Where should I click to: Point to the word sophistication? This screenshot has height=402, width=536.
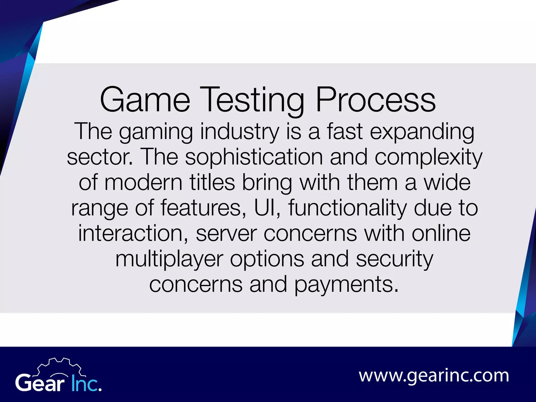tap(254, 157)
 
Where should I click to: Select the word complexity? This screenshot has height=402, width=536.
tap(428, 157)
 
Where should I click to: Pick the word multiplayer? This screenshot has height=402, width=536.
tap(169, 259)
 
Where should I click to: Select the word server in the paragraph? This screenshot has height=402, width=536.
tap(226, 233)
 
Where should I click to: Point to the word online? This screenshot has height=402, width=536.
tap(441, 233)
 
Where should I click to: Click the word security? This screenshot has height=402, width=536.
tap(394, 259)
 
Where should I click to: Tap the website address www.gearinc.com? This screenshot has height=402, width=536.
tap(434, 376)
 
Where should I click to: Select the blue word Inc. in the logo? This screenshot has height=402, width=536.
tap(86, 383)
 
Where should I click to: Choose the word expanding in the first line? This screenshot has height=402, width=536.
tap(422, 132)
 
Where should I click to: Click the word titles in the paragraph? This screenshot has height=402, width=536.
tap(212, 182)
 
